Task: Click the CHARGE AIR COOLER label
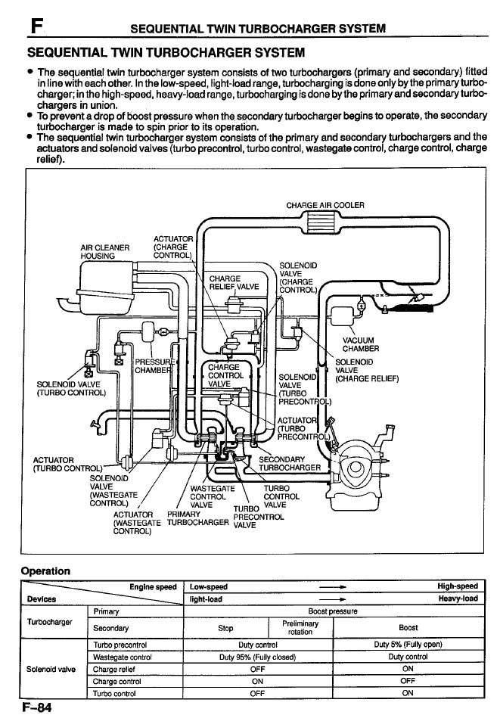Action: [x=325, y=205]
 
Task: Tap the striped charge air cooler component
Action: [x=325, y=225]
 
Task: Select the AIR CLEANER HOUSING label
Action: [x=105, y=252]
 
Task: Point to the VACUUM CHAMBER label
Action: [x=361, y=344]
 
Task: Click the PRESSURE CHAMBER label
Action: [x=154, y=366]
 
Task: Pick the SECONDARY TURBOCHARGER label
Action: [x=290, y=463]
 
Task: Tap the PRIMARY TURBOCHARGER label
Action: [x=198, y=518]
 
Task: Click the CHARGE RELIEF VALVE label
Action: [x=234, y=282]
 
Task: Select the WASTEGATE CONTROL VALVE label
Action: [x=213, y=496]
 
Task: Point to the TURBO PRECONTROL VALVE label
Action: [x=259, y=517]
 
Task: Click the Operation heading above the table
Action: [x=45, y=571]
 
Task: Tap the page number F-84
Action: [x=36, y=707]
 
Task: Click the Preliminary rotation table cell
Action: [x=300, y=627]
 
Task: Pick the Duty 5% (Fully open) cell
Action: [x=408, y=645]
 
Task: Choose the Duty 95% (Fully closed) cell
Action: [x=257, y=657]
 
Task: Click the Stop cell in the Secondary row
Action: [x=225, y=628]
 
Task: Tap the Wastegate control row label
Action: [x=122, y=657]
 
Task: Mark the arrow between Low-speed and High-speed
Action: [x=332, y=587]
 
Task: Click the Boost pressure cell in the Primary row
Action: [x=333, y=611]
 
